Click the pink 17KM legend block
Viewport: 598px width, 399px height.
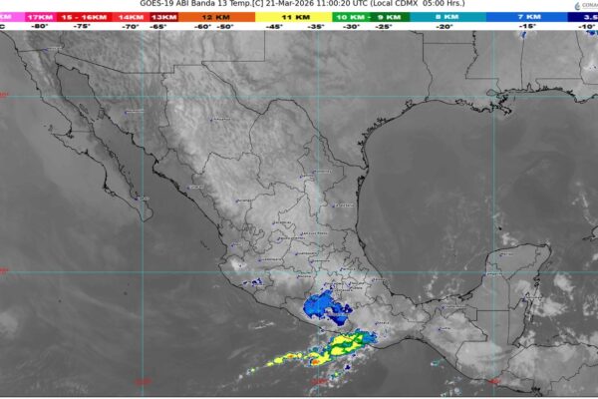pos(41,17)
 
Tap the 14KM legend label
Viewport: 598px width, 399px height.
pos(131,17)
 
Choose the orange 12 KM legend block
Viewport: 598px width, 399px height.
pos(212,17)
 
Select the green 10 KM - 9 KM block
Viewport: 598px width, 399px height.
pos(363,17)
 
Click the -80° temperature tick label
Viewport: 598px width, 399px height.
pos(41,27)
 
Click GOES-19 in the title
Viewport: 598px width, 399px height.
pos(160,5)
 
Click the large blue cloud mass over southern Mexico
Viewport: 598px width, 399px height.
pos(328,307)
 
